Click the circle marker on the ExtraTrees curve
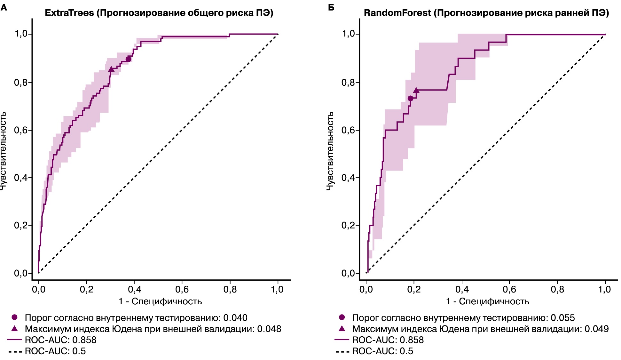pyautogui.click(x=128, y=59)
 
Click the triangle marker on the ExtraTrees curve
pyautogui.click(x=111, y=69)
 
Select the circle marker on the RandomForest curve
pyautogui.click(x=410, y=98)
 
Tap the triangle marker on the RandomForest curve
pyautogui.click(x=416, y=91)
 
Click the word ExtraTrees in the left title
pyautogui.click(x=69, y=13)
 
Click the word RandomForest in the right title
pyautogui.click(x=397, y=13)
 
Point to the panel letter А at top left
pyautogui.click(x=4, y=7)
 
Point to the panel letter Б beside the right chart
pyautogui.click(x=331, y=7)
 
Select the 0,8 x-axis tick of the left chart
pyautogui.click(x=230, y=290)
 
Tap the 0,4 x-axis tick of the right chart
pyautogui.click(x=462, y=290)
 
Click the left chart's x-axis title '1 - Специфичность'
pyautogui.click(x=160, y=301)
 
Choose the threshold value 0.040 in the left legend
pyautogui.click(x=235, y=318)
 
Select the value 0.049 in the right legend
pyautogui.click(x=596, y=329)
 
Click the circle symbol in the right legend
pyautogui.click(x=342, y=317)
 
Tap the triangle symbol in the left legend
pyautogui.click(x=14, y=329)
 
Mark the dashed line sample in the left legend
pyautogui.click(x=15, y=351)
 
